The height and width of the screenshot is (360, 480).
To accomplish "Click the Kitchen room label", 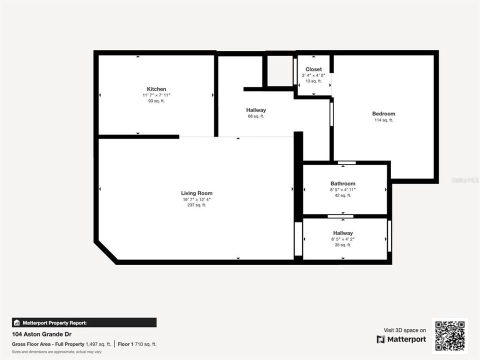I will [156, 89].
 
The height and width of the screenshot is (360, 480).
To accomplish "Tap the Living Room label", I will [196, 193].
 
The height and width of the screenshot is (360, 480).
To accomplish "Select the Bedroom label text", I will [383, 113].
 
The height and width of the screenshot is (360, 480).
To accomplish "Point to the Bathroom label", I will [343, 183].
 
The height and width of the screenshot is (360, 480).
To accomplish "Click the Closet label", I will [313, 69].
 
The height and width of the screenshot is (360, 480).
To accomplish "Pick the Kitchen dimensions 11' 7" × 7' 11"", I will [156, 95].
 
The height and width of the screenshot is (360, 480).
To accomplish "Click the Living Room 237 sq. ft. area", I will [196, 205].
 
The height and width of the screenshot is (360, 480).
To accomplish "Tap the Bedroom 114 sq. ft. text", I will [383, 120].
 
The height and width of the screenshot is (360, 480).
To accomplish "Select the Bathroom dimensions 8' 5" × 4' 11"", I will [343, 189].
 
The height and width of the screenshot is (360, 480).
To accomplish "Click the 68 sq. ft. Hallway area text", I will [256, 116].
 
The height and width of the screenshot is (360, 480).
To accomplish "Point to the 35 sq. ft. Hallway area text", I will [343, 245].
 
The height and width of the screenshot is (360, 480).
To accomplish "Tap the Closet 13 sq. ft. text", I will [313, 81].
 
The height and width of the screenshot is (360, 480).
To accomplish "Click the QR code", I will [450, 336].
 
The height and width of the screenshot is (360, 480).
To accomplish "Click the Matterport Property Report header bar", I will [84, 322].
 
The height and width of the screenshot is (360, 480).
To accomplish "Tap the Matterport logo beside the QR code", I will [401, 339].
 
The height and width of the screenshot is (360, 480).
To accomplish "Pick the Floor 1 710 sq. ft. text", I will [137, 344].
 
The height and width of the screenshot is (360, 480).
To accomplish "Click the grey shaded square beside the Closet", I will [279, 71].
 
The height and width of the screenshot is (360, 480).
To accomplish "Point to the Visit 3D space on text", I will [404, 330].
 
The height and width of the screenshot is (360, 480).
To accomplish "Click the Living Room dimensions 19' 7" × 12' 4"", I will [196, 199].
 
